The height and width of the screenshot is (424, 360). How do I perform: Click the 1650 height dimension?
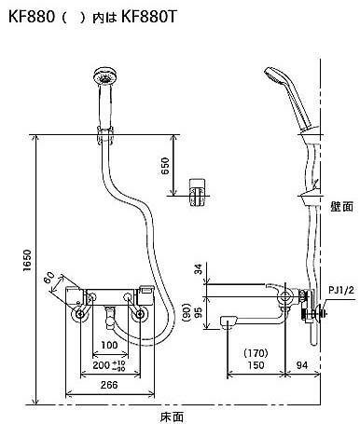[x=27, y=260]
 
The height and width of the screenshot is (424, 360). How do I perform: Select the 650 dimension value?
[x=166, y=166]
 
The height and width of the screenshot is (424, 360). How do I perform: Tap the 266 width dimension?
[x=109, y=385]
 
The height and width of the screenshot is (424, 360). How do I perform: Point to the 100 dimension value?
[x=109, y=345]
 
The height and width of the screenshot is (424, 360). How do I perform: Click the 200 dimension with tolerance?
[x=109, y=365]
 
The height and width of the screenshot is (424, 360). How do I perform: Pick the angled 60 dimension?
[x=49, y=278]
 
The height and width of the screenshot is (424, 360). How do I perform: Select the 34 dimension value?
[x=199, y=268]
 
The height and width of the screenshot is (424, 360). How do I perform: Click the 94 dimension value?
[x=301, y=365]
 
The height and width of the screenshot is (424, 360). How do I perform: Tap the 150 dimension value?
[x=256, y=365]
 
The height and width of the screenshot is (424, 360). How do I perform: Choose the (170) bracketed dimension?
[x=256, y=353]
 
